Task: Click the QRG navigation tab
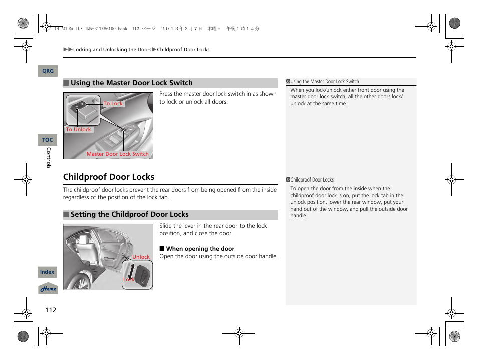[48, 71]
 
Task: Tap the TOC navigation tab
[48, 140]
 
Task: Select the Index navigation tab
[48, 272]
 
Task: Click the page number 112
[51, 310]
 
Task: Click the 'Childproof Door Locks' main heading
[109, 177]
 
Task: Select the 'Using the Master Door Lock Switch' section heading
[131, 83]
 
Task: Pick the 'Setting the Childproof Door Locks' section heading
[129, 215]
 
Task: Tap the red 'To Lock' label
[113, 104]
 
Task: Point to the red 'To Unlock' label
[79, 129]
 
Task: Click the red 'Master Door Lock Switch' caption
[117, 154]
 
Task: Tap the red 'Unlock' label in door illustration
[141, 257]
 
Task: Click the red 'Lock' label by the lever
[129, 280]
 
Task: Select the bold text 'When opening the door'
[200, 249]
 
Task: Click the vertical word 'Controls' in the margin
[49, 158]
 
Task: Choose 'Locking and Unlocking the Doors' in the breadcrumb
[112, 50]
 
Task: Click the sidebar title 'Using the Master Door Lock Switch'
[325, 82]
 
